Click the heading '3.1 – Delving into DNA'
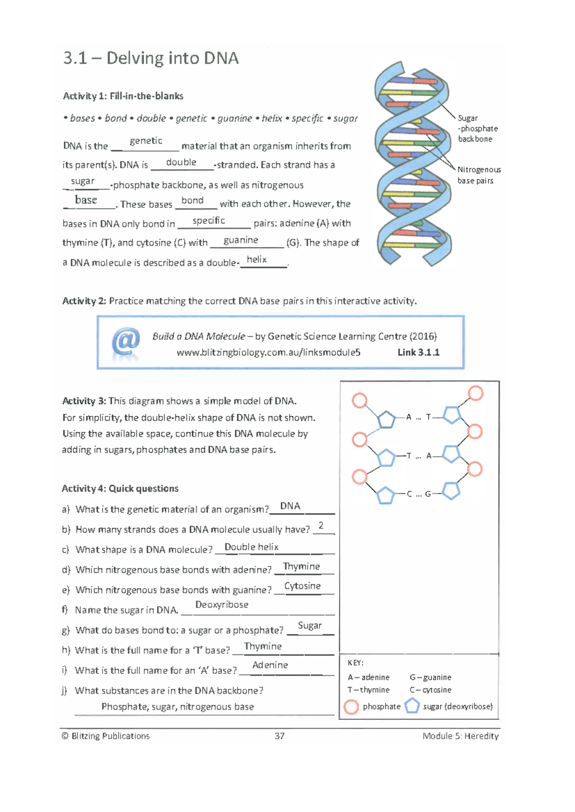151,58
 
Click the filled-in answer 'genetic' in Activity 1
146,141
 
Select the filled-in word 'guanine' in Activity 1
241,240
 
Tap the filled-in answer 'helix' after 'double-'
256,259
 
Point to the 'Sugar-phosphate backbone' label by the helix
477,128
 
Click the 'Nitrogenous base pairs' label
479,175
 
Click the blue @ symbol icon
126,342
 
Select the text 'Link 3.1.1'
418,352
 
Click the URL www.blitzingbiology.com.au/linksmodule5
268,352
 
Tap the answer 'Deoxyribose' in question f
221,605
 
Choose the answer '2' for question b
321,525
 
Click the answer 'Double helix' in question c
251,547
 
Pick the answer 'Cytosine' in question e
302,586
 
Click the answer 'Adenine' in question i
270,665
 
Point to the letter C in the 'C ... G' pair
409,494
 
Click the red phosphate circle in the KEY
351,707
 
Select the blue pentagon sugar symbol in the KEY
412,706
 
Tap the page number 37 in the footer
279,736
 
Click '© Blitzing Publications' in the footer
105,736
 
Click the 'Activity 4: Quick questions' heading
120,488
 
